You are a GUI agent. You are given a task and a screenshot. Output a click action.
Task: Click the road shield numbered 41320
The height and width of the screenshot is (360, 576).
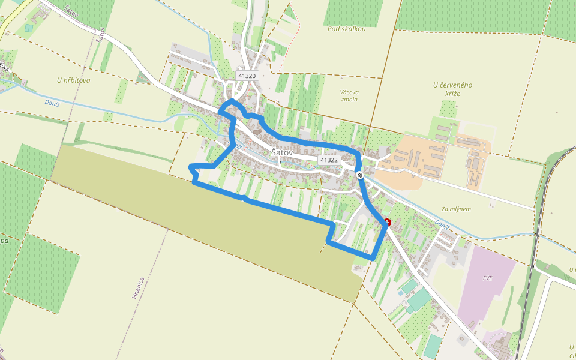[247, 76]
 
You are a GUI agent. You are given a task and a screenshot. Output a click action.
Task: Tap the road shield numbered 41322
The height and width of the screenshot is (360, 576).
[329, 160]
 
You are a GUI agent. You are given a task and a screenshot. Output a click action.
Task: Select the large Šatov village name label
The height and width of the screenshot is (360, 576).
[282, 152]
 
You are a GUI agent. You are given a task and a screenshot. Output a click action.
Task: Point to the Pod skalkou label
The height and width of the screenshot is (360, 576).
[347, 29]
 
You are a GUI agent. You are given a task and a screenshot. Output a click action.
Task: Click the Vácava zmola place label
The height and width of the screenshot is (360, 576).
[349, 95]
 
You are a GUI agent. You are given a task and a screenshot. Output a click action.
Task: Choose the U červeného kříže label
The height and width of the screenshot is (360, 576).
[452, 89]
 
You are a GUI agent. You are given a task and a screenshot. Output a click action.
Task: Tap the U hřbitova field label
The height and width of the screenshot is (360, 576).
[74, 80]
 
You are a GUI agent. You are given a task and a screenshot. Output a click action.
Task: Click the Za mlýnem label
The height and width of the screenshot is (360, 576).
[456, 209]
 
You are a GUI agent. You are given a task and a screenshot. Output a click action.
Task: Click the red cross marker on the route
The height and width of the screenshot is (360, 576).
[388, 222]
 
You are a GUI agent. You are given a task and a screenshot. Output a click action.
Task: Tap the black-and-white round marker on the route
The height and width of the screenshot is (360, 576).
[359, 175]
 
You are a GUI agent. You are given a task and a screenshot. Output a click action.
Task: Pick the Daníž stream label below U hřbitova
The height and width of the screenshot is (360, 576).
[53, 103]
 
